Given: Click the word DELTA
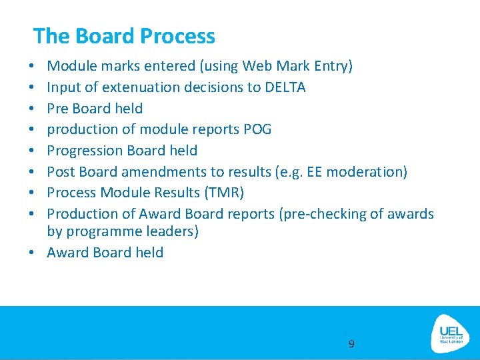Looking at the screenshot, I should pyautogui.click(x=285, y=87).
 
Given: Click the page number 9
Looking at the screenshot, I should pyautogui.click(x=351, y=344).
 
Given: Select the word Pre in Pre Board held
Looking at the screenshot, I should pyautogui.click(x=58, y=108).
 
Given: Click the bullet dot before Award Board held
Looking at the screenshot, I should pyautogui.click(x=32, y=253).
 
